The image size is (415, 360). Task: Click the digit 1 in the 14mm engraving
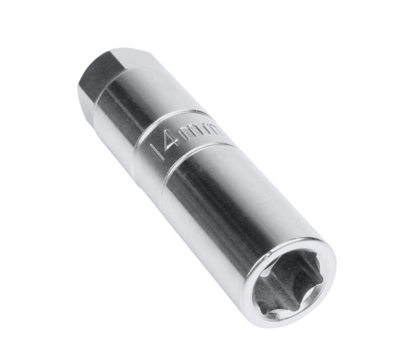pos(162,151)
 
